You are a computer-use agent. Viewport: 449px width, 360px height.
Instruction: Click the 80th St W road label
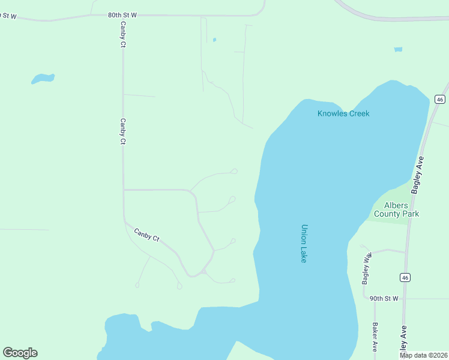tap(122, 14)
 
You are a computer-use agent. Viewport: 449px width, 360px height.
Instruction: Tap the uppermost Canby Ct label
tap(122, 35)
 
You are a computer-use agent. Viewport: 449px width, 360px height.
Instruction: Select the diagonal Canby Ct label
tap(146, 235)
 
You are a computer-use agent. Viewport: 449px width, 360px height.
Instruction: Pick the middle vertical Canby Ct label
tap(122, 131)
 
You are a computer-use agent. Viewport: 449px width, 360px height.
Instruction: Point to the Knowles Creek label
tap(343, 113)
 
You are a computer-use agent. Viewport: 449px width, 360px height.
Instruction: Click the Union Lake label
tap(304, 244)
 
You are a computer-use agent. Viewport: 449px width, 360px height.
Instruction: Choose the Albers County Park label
tap(396, 209)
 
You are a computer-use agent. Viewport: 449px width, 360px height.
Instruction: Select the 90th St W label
tap(384, 298)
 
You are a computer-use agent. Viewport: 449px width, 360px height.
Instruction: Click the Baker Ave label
tap(375, 337)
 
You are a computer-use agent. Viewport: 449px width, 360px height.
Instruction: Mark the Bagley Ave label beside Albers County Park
tap(417, 175)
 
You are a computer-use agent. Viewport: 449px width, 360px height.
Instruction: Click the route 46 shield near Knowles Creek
tap(440, 99)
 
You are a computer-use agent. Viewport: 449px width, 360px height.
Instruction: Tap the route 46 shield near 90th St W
tap(405, 277)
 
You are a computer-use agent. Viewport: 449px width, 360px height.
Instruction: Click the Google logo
tap(20, 353)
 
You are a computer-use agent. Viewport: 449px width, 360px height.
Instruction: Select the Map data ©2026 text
tap(423, 355)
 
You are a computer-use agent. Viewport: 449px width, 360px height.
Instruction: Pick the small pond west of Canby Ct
tap(43, 78)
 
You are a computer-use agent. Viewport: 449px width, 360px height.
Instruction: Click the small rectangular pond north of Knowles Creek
tap(398, 49)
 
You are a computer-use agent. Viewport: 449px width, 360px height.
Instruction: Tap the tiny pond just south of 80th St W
tap(214, 40)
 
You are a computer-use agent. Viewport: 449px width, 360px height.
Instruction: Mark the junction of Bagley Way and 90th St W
tap(364, 298)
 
